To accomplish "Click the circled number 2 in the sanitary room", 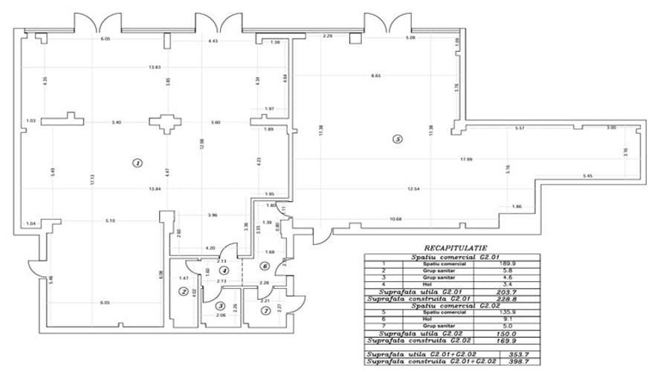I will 183,291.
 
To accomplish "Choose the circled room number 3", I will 220,304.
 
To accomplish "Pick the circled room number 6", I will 264,266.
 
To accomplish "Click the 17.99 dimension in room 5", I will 466,160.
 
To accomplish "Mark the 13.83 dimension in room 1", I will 155,68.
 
